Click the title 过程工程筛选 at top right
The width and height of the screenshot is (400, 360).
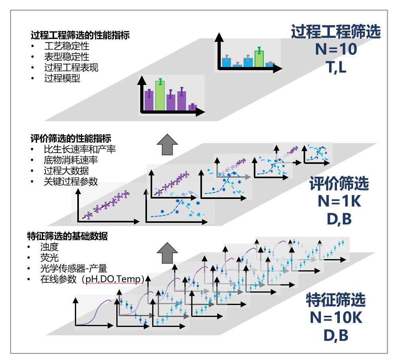[x=336, y=32]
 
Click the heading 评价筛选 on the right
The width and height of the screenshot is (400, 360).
[x=339, y=185]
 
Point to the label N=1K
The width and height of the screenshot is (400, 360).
[x=339, y=201]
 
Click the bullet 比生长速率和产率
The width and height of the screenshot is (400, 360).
[x=80, y=150]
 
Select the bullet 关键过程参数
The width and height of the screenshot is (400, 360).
[x=71, y=182]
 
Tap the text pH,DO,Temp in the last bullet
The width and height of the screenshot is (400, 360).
[x=112, y=279]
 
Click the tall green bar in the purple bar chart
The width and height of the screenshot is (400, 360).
[x=160, y=95]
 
